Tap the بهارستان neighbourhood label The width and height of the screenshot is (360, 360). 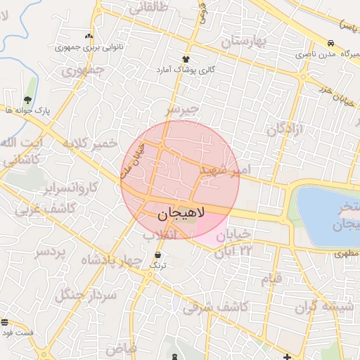point(245,42)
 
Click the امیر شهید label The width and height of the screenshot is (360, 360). point(224,169)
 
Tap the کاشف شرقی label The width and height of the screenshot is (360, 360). point(214,307)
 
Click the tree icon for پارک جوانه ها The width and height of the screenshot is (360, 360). point(27,99)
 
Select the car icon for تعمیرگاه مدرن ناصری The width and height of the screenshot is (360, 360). point(330,42)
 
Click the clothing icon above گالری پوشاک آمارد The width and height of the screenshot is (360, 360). point(186,59)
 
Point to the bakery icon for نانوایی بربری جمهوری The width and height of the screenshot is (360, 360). point(89,36)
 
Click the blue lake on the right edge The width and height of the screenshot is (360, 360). point(327,211)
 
